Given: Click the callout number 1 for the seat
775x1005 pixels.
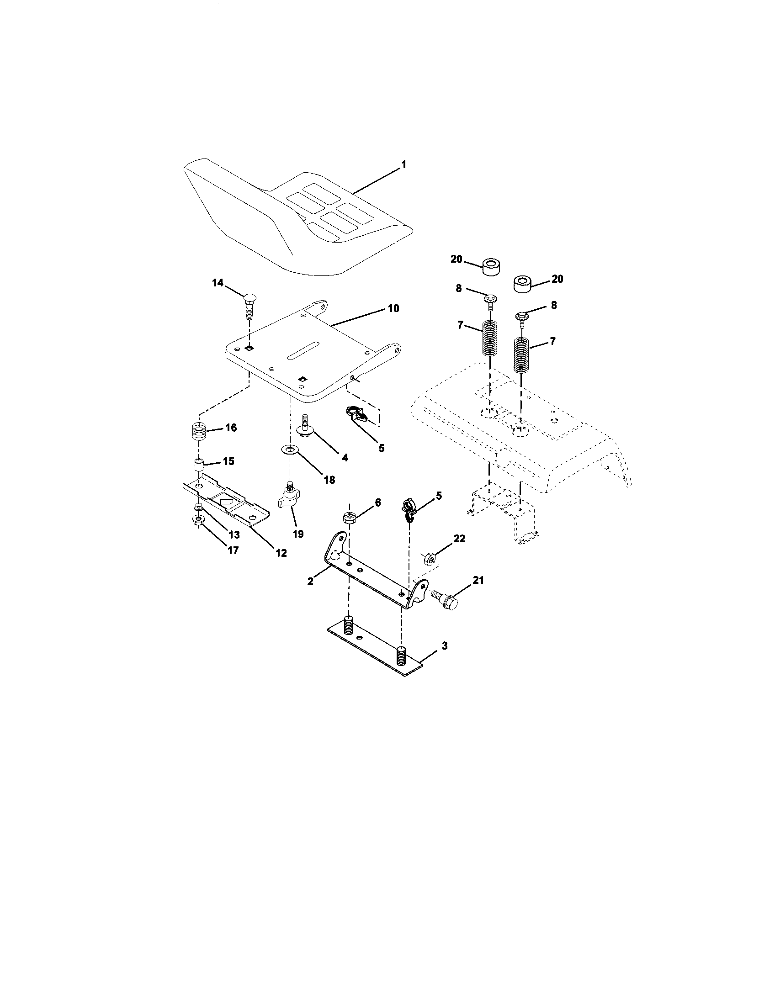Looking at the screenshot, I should tap(403, 164).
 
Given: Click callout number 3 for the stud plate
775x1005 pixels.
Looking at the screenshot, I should tap(444, 646).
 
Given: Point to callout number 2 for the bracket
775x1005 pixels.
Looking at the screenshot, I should tap(311, 581).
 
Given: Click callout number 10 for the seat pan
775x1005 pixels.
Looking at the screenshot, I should tap(393, 308).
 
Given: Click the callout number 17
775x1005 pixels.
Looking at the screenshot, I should tap(234, 550).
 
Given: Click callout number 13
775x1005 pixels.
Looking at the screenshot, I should tap(234, 534).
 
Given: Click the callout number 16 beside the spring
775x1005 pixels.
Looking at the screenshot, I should tap(231, 428).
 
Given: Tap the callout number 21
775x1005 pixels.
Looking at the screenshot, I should tap(479, 581).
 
